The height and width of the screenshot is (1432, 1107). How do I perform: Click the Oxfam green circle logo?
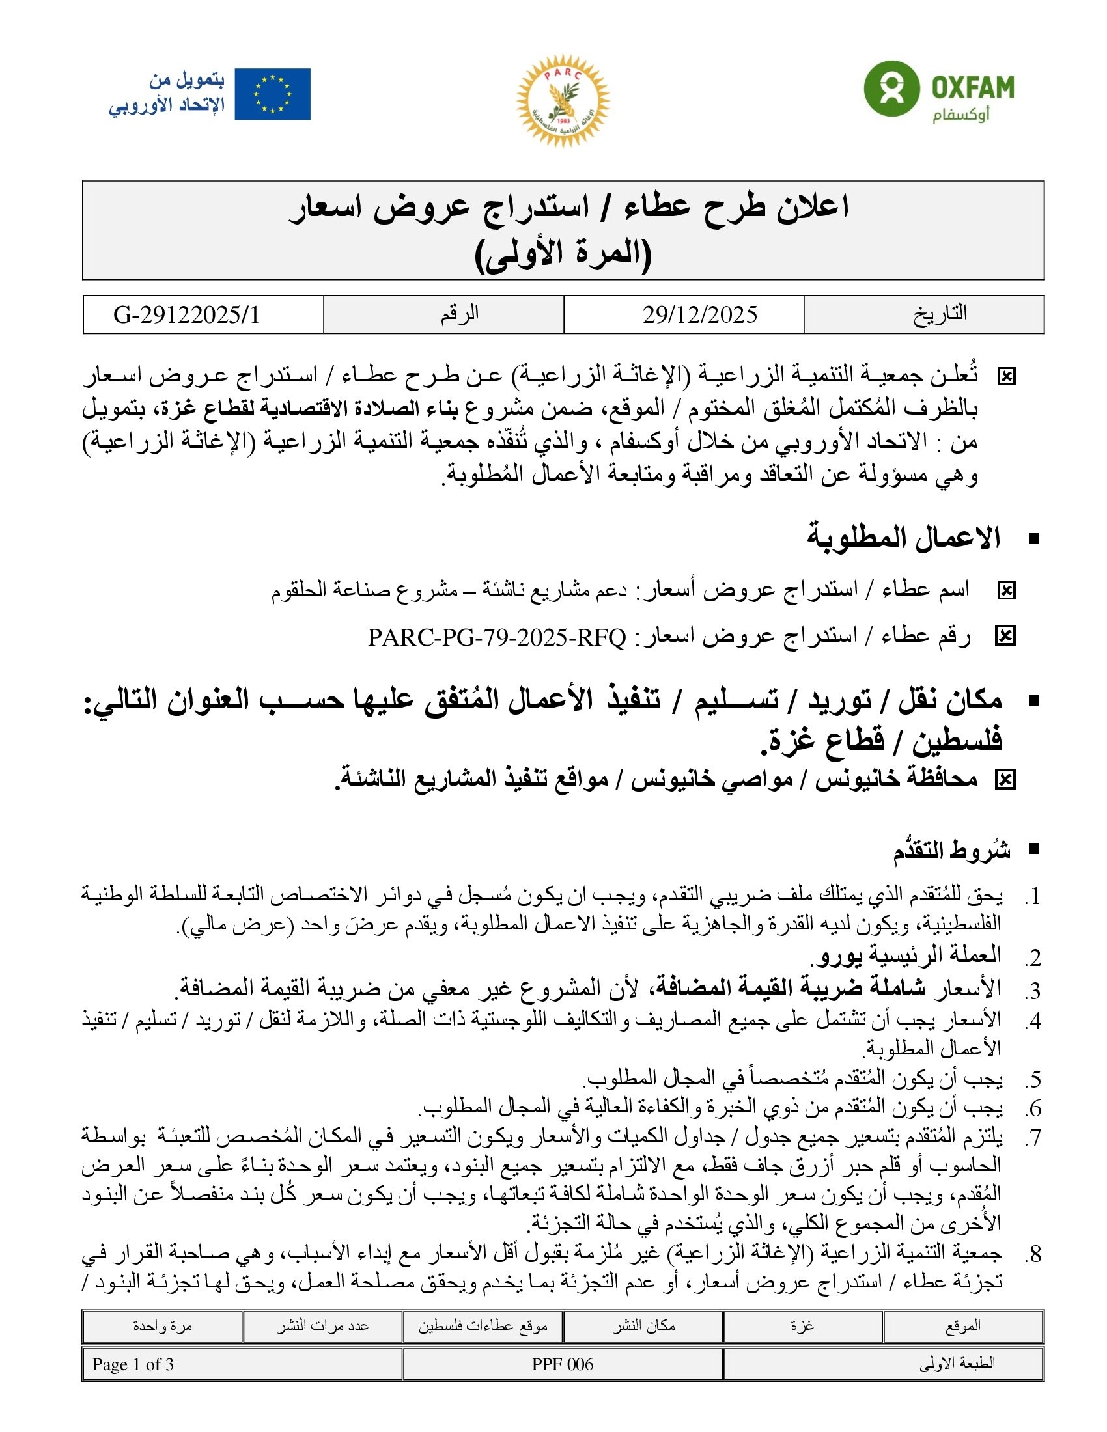click(891, 89)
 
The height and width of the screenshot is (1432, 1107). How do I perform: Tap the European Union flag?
click(272, 94)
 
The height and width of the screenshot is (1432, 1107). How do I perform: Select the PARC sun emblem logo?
click(563, 100)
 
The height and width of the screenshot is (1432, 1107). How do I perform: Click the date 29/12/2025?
click(700, 315)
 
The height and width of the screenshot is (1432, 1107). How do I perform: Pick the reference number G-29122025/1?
click(187, 315)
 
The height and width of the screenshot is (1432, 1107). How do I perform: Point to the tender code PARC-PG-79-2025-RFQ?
click(496, 637)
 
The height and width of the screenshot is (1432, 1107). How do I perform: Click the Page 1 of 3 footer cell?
click(133, 1364)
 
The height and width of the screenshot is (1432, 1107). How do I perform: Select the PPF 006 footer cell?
click(563, 1364)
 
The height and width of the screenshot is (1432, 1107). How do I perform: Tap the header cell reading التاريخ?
click(940, 314)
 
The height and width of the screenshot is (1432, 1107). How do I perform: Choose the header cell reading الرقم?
click(459, 314)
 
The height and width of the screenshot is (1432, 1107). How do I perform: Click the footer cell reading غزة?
click(802, 1326)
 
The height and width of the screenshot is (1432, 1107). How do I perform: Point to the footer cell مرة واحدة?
click(162, 1326)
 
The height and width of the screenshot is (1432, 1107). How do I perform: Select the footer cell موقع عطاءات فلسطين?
click(483, 1326)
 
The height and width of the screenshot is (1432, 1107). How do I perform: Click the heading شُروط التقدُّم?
click(951, 851)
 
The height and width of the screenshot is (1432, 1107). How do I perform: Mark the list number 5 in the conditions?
click(1033, 1079)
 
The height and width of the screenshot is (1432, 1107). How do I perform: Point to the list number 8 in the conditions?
click(1033, 1254)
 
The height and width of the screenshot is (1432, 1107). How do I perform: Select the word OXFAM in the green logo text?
click(973, 87)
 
